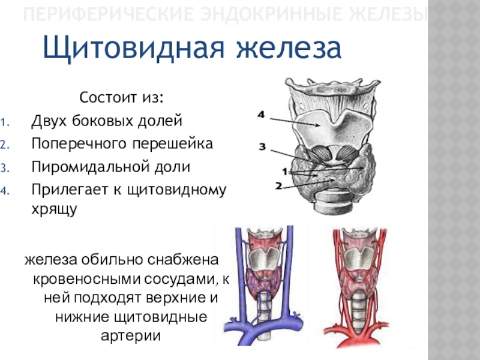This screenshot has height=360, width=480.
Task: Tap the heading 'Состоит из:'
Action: click(x=122, y=98)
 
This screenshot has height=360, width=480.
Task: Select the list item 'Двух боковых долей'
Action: click(x=106, y=121)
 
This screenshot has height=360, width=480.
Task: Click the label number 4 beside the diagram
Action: click(x=261, y=114)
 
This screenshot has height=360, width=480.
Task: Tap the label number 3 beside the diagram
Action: click(x=262, y=146)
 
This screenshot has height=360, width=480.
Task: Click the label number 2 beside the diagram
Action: click(x=278, y=186)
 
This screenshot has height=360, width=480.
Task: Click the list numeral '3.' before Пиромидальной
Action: click(x=20, y=167)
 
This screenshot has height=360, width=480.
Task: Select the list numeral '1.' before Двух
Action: click(x=20, y=122)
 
